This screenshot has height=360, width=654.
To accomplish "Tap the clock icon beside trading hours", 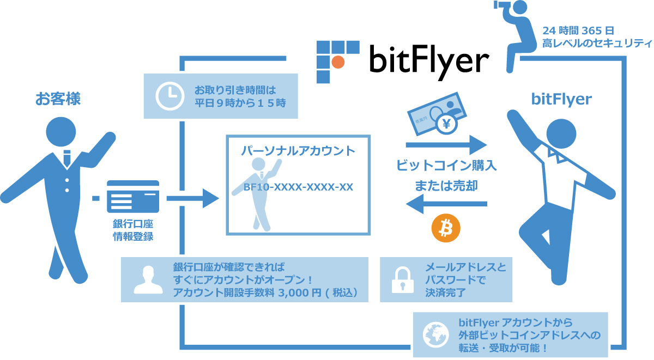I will (x=169, y=96).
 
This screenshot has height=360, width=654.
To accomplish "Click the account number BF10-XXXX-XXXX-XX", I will (x=298, y=187).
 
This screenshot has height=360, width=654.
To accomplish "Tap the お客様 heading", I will (x=58, y=99).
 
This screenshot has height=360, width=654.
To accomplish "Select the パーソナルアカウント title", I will (x=298, y=151).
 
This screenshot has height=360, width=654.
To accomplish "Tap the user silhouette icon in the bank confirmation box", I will (x=145, y=279).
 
